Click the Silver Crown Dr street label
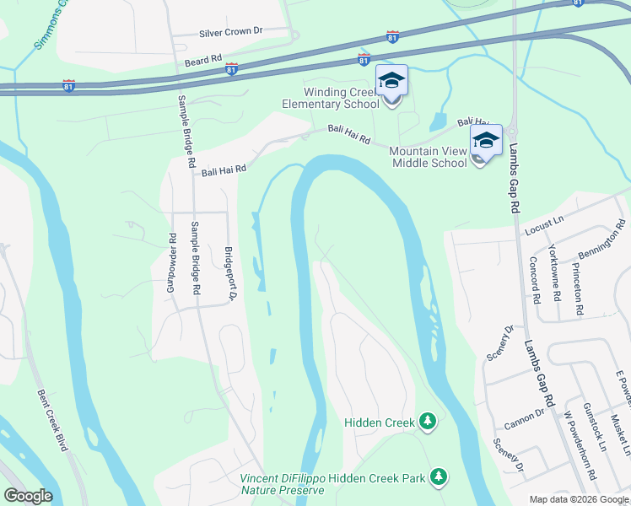pyautogui.click(x=231, y=32)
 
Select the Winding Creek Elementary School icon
pyautogui.click(x=391, y=82)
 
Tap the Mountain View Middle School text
pyautogui.click(x=428, y=157)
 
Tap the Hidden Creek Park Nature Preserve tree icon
pyautogui.click(x=438, y=478)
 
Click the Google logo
pyautogui.click(x=28, y=496)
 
